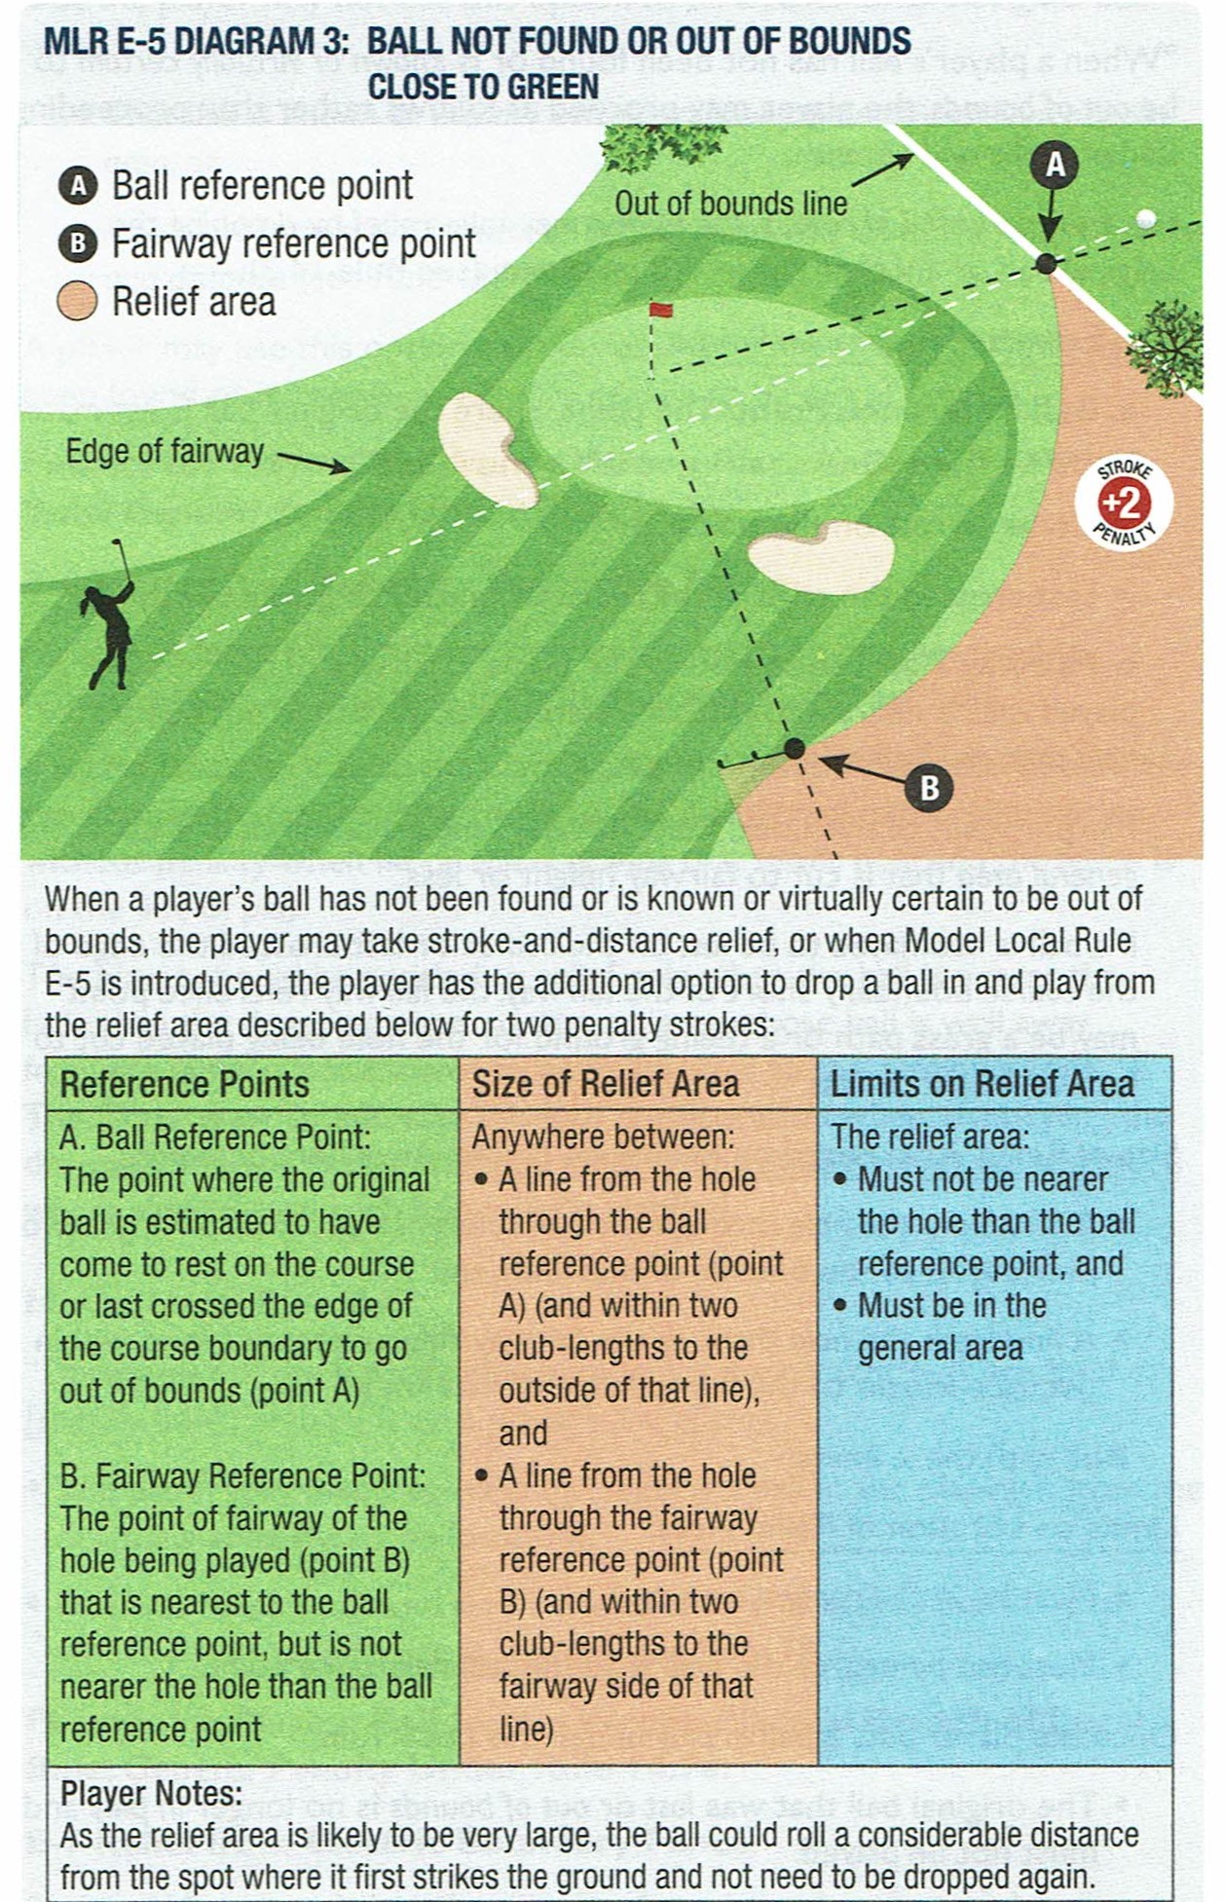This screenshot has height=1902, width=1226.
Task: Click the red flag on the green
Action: coord(661,311)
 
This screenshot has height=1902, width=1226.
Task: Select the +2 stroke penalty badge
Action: coord(1123,503)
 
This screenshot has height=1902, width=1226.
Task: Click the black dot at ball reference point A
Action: coord(1046,263)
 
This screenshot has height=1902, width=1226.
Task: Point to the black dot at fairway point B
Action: coord(795,748)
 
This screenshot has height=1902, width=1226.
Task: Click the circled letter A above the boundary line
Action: coord(1055,165)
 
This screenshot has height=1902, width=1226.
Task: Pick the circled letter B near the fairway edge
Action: coord(929,787)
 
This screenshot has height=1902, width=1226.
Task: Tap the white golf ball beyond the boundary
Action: coord(1147,218)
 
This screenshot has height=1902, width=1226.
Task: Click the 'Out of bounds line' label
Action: coord(729,204)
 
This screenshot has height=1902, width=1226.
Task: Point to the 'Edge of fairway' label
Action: coord(165,452)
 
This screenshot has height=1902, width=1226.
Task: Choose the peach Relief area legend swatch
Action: coord(78,302)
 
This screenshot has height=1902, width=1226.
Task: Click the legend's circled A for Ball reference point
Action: coord(78,186)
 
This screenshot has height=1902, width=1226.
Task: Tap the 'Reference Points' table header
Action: coord(184,1085)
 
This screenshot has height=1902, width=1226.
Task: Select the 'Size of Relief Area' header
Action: coord(606,1085)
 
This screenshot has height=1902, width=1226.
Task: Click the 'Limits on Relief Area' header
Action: coord(982,1085)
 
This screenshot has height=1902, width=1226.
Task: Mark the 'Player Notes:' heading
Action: coord(151,1794)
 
